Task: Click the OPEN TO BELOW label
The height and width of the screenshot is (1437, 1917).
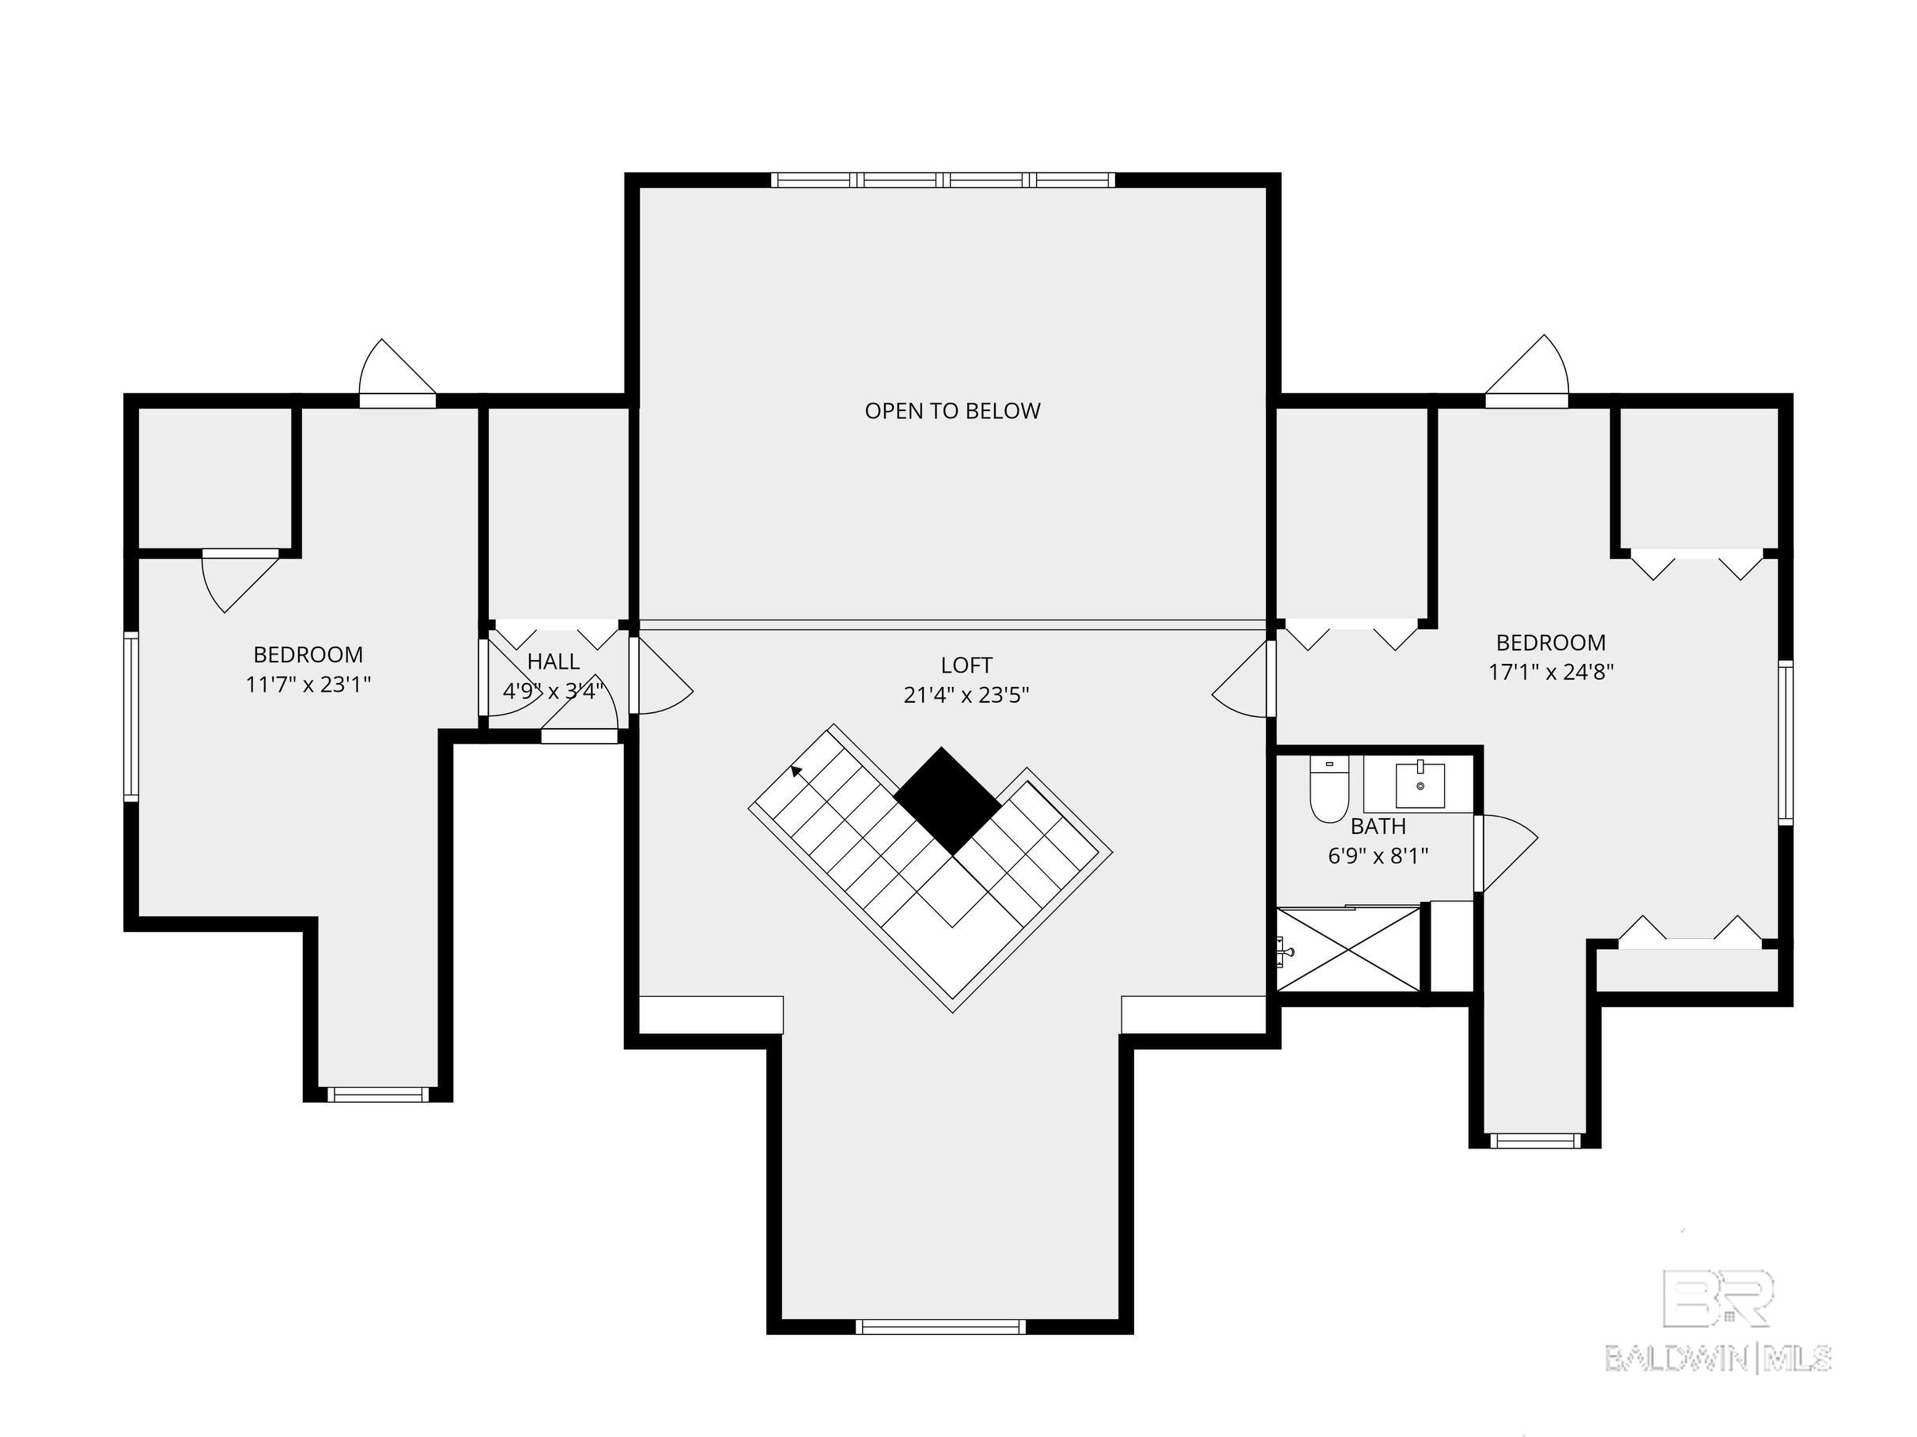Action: pyautogui.click(x=952, y=410)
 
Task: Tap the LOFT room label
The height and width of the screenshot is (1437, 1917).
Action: pyautogui.click(x=966, y=666)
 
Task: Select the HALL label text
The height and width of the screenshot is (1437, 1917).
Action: pyautogui.click(x=553, y=662)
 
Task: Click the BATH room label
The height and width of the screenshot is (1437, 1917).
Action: pyautogui.click(x=1378, y=826)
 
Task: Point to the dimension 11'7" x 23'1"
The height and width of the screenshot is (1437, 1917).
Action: pyautogui.click(x=308, y=685)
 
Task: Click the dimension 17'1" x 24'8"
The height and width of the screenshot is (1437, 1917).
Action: pyautogui.click(x=1552, y=671)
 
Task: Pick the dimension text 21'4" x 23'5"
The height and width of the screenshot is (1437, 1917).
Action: pyautogui.click(x=966, y=695)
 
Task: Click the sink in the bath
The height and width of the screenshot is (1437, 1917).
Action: pyautogui.click(x=1420, y=785)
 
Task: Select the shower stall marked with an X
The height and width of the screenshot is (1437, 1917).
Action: pyautogui.click(x=1349, y=949)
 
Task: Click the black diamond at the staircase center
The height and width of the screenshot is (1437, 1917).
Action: pyautogui.click(x=949, y=801)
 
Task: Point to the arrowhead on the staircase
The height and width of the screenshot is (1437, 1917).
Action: pyautogui.click(x=796, y=771)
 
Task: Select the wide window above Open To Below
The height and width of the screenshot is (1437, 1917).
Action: pyautogui.click(x=943, y=180)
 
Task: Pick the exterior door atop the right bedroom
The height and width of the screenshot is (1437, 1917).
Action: pyautogui.click(x=1527, y=371)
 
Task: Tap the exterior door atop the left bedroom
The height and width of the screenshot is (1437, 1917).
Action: pyautogui.click(x=398, y=372)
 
